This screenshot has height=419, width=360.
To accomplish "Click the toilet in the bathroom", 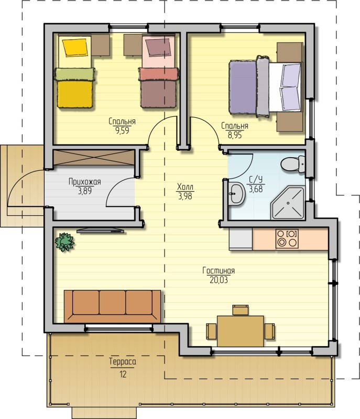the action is [292, 163].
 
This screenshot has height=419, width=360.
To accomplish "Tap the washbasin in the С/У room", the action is [236, 193].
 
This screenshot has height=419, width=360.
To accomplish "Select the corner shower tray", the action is [288, 203].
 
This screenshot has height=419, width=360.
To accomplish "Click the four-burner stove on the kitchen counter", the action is [287, 238].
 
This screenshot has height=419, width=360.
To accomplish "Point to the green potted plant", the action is [64, 242].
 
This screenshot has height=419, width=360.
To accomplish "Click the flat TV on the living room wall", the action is [101, 230].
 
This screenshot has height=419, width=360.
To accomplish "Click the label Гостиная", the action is [219, 271].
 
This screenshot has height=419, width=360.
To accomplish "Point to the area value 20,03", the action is [219, 280].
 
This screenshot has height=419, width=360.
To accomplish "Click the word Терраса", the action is [123, 362].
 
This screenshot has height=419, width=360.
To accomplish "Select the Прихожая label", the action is [85, 182].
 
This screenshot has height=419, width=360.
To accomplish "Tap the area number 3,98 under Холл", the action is [185, 196].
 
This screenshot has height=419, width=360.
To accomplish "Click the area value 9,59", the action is [122, 130].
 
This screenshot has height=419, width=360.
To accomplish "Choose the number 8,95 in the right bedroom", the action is [235, 135].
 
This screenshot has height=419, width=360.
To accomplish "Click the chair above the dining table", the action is [241, 310].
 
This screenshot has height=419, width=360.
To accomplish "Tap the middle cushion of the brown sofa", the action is [112, 303].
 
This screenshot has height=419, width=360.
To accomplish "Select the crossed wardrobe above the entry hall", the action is [94, 158].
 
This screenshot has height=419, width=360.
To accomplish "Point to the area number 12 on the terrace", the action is [123, 374].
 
